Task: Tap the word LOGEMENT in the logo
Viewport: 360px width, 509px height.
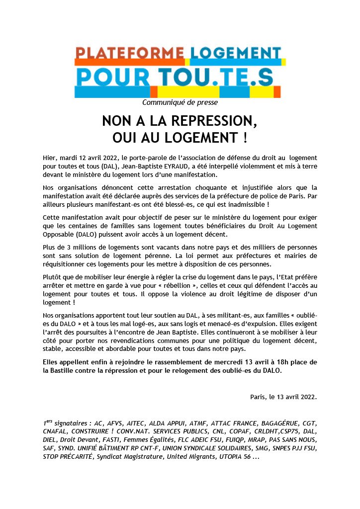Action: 235,53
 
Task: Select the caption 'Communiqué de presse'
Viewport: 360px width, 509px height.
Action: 180,102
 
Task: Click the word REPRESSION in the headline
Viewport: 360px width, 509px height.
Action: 208,121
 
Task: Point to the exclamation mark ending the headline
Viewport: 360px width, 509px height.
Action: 245,137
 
